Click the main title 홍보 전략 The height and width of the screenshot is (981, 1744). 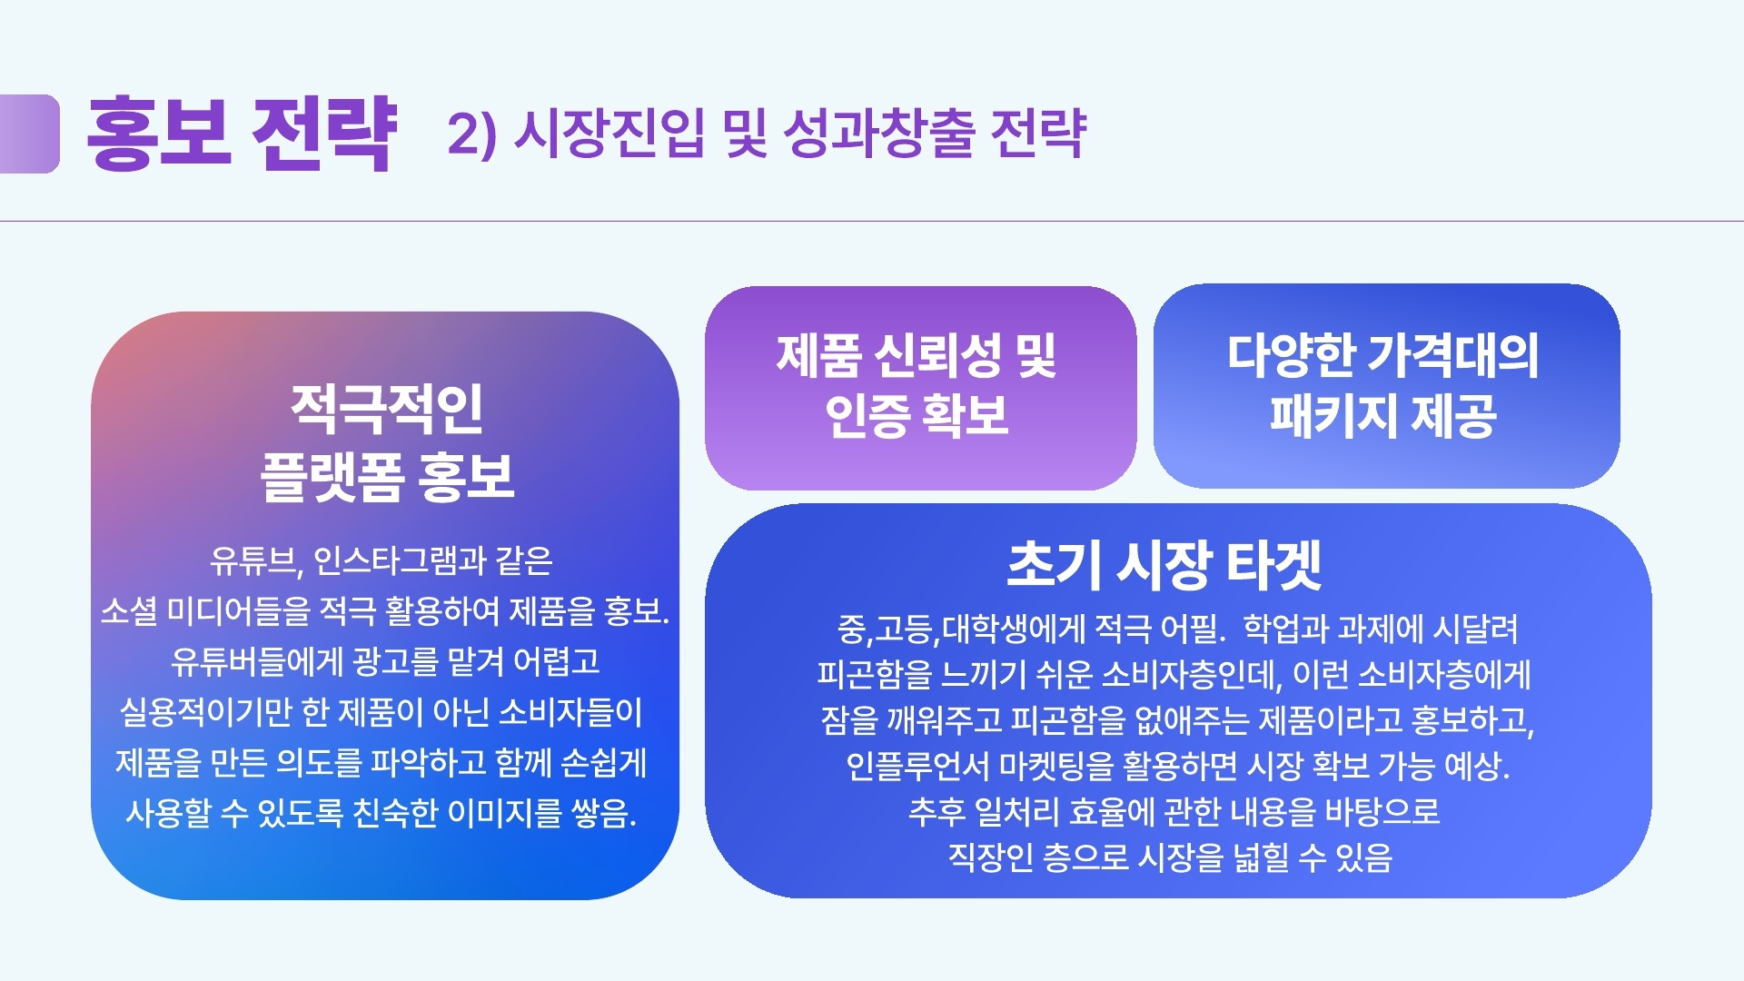pos(242,134)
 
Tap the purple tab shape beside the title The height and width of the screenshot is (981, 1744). pos(29,134)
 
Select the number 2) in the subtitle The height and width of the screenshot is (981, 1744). pos(472,134)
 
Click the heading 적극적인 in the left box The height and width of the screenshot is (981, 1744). pos(387,409)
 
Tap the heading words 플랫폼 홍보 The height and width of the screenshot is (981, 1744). pos(387,476)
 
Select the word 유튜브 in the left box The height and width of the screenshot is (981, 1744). pos(253,561)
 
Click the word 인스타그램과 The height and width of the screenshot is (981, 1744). pos(400,560)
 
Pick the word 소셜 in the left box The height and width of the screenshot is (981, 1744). pos(128,610)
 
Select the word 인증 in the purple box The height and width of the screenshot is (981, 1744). pos(867,416)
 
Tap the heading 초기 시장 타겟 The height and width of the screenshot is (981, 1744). pos(1164,564)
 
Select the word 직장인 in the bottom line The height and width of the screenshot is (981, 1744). pos(990,857)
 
